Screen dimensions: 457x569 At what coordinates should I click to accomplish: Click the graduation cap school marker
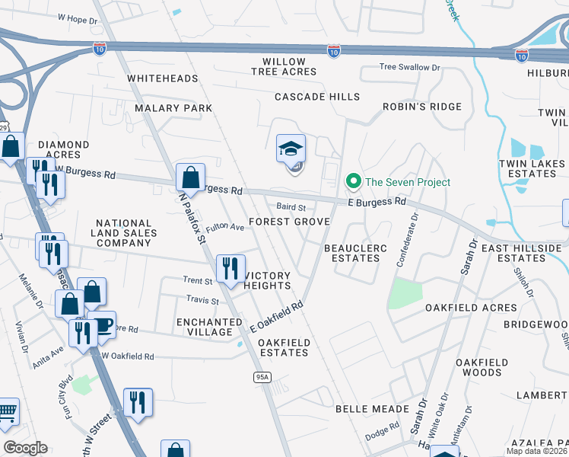291,149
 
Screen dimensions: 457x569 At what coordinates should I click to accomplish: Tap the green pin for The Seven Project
353,182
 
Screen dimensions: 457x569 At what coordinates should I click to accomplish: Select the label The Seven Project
408,182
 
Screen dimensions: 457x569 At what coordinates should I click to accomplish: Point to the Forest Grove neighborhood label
290,222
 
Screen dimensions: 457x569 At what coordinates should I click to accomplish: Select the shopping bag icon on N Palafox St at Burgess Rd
190,177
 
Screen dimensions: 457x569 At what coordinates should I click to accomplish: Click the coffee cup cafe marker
103,325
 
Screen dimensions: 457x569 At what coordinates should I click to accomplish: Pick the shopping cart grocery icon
6,413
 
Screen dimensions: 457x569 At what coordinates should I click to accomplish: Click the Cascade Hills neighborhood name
316,97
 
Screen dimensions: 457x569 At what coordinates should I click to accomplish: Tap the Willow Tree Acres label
284,66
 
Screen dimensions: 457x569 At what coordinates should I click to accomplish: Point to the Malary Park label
173,108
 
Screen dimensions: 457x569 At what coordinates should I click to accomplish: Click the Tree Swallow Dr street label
410,67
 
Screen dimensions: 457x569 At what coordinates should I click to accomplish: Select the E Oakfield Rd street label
277,315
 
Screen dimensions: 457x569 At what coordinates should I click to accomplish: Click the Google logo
25,448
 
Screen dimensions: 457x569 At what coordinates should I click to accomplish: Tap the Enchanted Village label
204,327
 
